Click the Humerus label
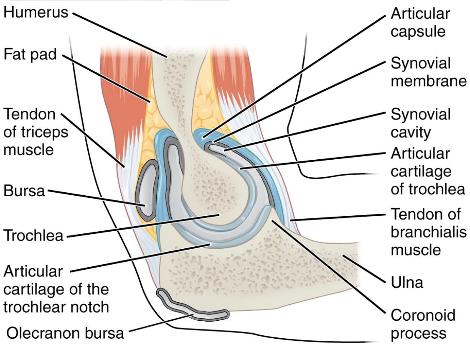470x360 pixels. [x=36, y=12]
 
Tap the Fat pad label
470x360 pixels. [x=30, y=55]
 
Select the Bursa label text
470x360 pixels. [x=24, y=191]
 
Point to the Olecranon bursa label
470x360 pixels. [x=65, y=333]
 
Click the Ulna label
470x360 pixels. [x=407, y=283]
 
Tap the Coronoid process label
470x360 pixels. [x=422, y=324]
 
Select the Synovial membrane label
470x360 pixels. [x=428, y=72]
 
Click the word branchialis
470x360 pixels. [x=429, y=232]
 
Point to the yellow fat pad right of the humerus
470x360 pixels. [x=205, y=109]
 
